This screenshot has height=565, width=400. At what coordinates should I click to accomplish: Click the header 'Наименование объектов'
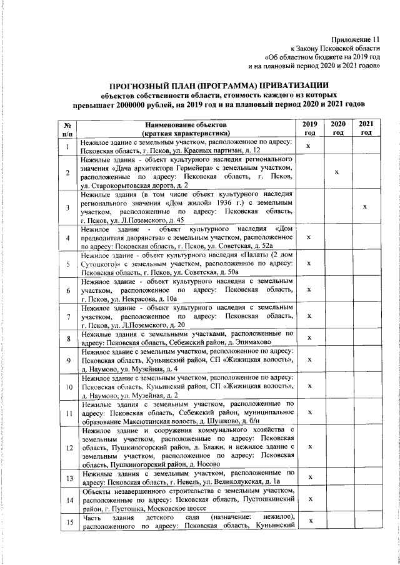(x=186, y=124)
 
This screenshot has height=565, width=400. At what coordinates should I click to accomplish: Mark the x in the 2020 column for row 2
(x=338, y=172)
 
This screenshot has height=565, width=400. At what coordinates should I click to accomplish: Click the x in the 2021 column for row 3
(x=367, y=207)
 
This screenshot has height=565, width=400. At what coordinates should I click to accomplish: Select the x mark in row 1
(x=309, y=147)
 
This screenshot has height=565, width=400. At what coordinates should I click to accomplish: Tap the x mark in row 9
(x=309, y=360)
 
